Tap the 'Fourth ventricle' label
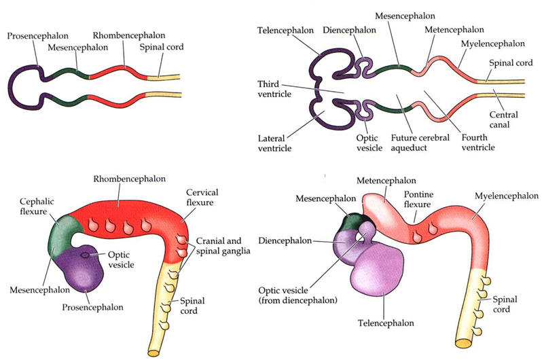pyautogui.click(x=476, y=142)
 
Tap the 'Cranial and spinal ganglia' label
pyautogui.click(x=224, y=245)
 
